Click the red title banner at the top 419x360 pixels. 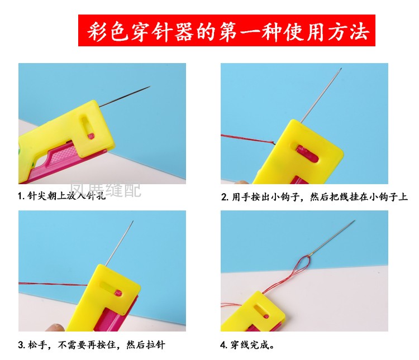click(x=227, y=30)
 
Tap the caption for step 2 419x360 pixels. click(x=315, y=197)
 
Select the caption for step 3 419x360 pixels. click(x=92, y=345)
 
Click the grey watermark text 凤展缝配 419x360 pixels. click(x=106, y=191)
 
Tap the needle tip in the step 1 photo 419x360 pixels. click(x=150, y=87)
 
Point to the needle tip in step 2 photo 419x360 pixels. click(x=341, y=69)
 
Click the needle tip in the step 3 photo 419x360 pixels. click(x=133, y=220)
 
